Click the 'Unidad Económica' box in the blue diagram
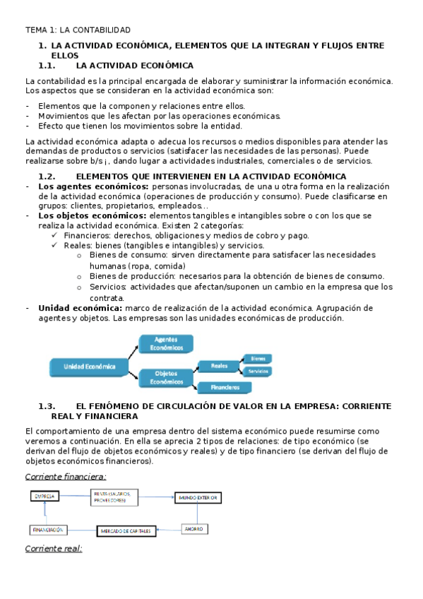[89, 367]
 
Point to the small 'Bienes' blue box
[258, 359]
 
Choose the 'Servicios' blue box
[258, 371]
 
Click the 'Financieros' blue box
[225, 387]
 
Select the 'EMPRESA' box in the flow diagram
[45, 497]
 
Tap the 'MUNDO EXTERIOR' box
[199, 498]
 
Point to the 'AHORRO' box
[193, 528]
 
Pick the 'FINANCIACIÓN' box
[48, 529]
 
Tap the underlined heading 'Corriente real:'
[54, 548]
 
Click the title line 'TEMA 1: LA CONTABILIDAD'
[78, 30]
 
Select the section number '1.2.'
[47, 176]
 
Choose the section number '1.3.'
[47, 406]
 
